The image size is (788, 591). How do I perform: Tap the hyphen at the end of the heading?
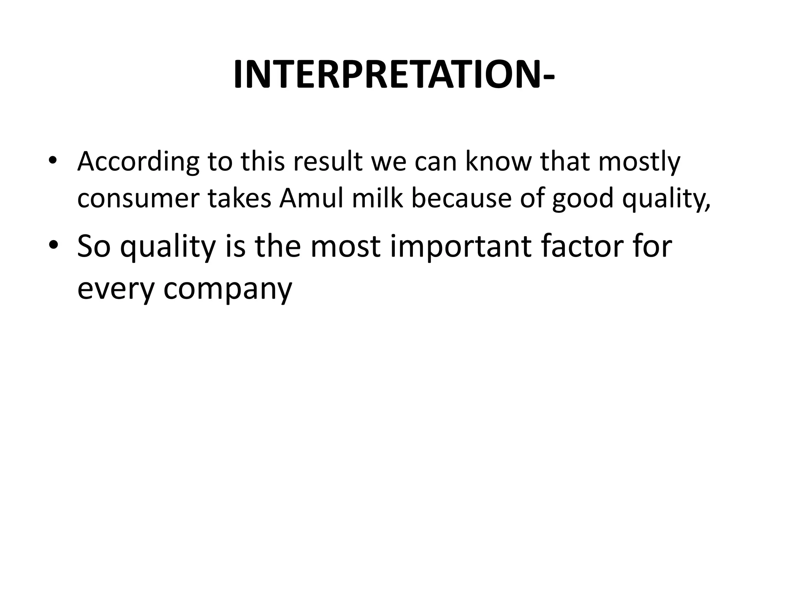click(x=548, y=77)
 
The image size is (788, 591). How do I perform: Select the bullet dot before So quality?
click(x=53, y=245)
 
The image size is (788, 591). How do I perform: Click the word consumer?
click(x=139, y=199)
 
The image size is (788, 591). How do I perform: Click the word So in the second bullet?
click(x=93, y=246)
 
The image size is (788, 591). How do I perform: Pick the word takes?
click(x=240, y=198)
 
